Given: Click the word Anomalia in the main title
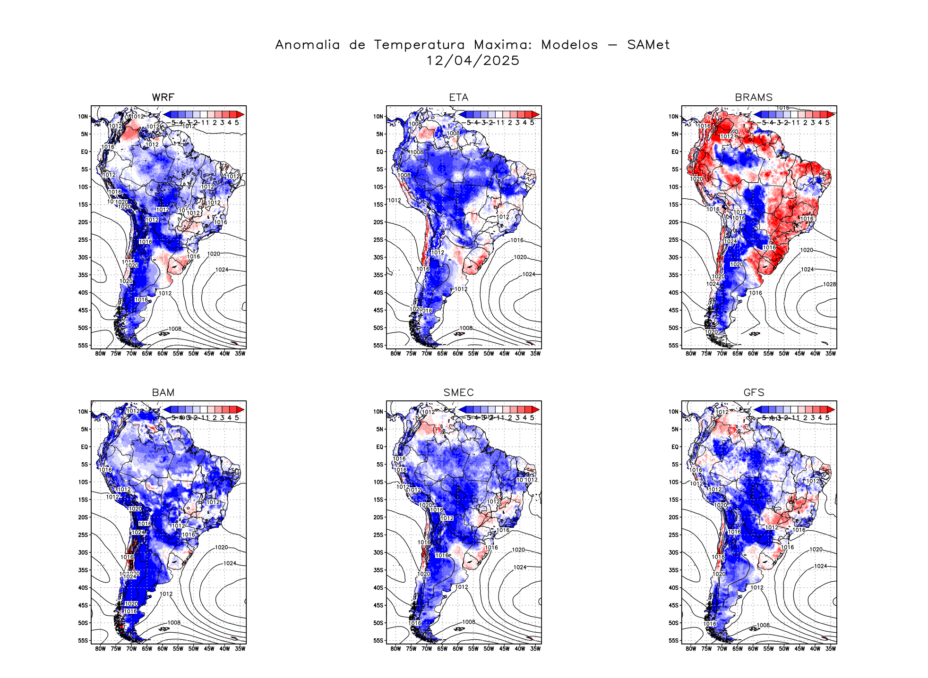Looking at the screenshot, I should pos(307,45).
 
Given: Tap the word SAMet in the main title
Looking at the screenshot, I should pos(648,45).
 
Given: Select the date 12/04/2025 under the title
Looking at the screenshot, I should pos(473,61).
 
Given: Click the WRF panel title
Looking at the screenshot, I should pos(163,98).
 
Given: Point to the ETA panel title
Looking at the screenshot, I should pos(458,98).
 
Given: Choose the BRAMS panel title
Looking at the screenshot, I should pos(754,98).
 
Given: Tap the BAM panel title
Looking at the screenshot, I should pos(163,393).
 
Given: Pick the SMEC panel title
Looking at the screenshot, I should pos(458,393).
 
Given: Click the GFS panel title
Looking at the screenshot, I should pos(754,393).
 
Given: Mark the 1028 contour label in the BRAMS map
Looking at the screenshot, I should pos(829,284).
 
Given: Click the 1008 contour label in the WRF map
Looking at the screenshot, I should pos(175,329).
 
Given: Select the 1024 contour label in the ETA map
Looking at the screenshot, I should pos(529,274).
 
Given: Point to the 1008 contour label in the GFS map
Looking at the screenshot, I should pos(763,625).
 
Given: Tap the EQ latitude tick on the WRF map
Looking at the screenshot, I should pos(85,152).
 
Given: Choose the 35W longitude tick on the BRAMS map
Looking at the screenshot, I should pos(830,354).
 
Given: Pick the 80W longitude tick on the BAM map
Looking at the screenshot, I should pos(100,649).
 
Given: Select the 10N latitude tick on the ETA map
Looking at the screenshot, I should pos(378,117).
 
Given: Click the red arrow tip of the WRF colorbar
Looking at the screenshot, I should pos(241,114).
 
